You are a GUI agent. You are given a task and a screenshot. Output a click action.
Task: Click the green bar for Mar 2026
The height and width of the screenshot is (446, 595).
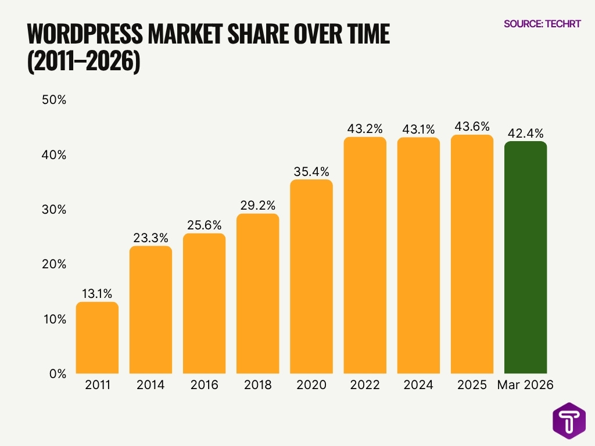click(525, 258)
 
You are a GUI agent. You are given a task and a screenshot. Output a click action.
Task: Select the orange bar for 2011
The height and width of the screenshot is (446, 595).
click(97, 338)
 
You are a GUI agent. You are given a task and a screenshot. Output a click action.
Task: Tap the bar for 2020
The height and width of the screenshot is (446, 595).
click(311, 277)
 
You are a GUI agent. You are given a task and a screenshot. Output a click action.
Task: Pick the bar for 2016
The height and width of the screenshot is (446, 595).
click(204, 304)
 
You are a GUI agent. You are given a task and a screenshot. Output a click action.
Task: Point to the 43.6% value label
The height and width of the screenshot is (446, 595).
click(472, 126)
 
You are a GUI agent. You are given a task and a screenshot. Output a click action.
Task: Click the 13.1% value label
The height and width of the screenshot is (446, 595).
click(97, 293)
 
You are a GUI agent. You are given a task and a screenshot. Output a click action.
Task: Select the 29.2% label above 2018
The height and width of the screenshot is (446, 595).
click(257, 205)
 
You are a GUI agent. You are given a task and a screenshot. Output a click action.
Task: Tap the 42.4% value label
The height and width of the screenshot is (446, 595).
click(525, 132)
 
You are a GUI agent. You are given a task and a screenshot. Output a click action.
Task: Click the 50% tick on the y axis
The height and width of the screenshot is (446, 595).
click(55, 100)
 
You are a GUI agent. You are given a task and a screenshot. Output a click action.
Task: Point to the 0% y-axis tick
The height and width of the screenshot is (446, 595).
click(58, 374)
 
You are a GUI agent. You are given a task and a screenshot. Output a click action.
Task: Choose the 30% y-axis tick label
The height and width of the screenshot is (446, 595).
click(55, 210)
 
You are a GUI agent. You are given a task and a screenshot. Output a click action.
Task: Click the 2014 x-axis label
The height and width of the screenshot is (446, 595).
click(150, 386)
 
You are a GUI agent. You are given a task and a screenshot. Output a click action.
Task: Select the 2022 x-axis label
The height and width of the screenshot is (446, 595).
click(364, 386)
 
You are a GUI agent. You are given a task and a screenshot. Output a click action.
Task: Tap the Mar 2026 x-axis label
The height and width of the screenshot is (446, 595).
click(525, 386)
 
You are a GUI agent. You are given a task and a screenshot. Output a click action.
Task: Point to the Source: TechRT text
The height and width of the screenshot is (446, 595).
click(542, 24)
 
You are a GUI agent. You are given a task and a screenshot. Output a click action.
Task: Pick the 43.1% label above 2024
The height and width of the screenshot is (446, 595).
click(418, 129)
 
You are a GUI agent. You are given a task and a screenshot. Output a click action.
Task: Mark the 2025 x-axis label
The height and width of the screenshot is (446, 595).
click(472, 386)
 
